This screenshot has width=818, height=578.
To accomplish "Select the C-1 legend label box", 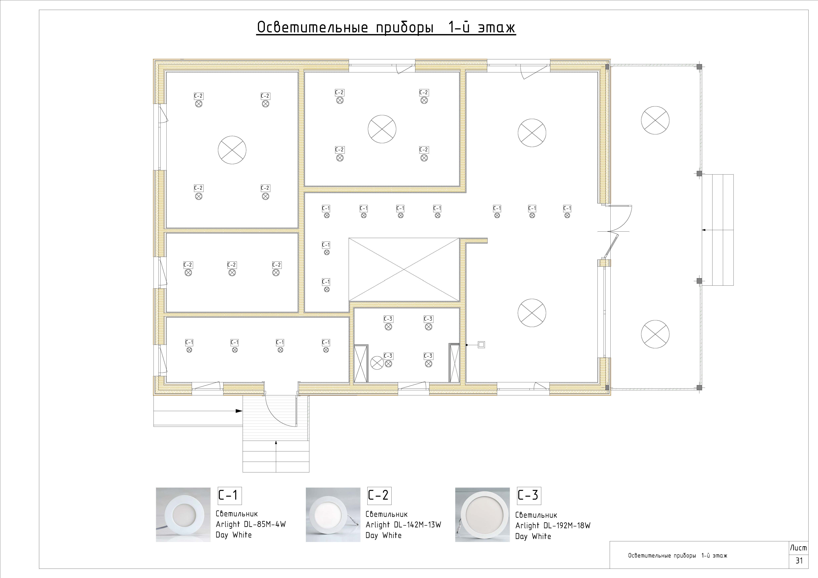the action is [230, 495].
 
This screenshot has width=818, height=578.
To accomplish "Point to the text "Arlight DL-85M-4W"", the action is [251, 524].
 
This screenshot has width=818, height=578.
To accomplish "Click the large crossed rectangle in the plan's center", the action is [404, 270].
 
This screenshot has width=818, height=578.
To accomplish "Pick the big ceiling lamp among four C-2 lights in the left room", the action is [232, 150].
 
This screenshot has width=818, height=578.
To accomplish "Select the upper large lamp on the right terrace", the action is [655, 120].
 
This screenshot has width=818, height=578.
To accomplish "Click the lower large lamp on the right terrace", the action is [655, 334].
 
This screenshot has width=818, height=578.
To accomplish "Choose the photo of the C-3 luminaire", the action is [482, 515].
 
